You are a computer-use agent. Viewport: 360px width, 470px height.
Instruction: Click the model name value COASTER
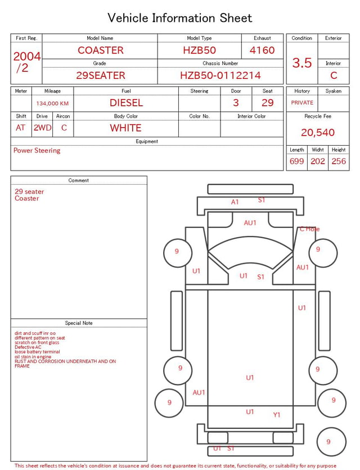[101, 50]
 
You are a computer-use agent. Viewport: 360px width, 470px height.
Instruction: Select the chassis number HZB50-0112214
[220, 75]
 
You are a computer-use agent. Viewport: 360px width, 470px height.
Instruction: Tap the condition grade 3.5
[302, 63]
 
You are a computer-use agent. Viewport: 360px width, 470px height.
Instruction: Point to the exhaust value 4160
[262, 50]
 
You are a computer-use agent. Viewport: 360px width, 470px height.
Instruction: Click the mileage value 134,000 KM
[52, 104]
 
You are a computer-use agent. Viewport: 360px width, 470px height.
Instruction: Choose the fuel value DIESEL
[126, 103]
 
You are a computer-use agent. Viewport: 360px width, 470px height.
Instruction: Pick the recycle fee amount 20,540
[318, 132]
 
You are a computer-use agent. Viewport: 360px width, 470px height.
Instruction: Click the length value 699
[297, 161]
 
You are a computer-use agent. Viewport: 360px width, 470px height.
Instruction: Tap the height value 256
[339, 161]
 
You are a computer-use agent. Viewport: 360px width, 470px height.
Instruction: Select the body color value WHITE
[125, 128]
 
